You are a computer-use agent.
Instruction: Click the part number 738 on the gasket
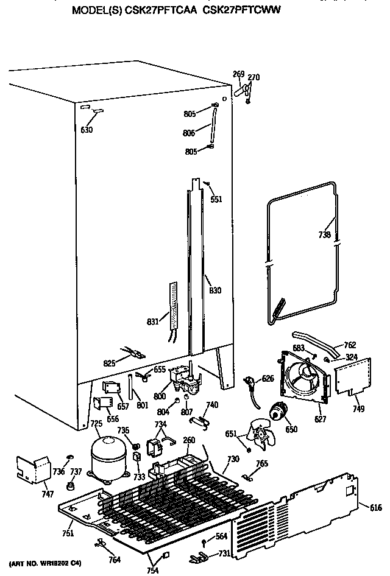(325, 236)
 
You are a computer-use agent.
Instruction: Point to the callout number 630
(87, 129)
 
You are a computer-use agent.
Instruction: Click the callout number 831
(154, 321)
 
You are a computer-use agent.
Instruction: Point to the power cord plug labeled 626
(249, 382)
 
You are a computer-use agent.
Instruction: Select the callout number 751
(68, 533)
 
